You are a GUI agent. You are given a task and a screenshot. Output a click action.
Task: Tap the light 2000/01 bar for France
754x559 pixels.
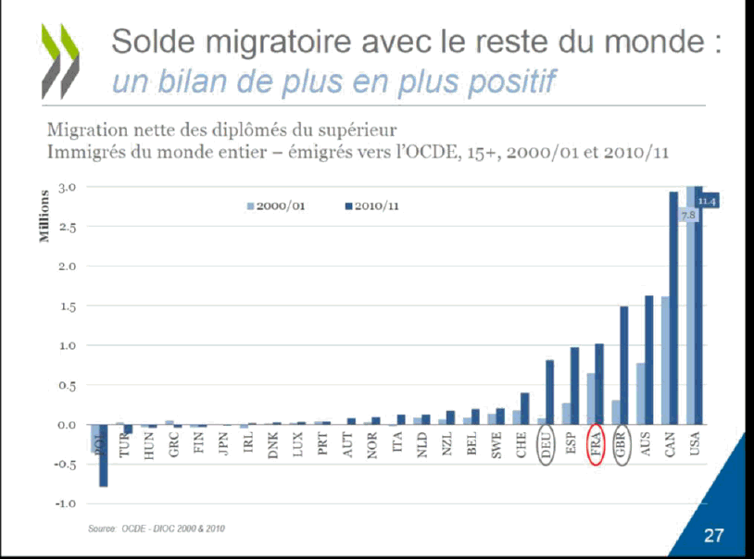point(590,399)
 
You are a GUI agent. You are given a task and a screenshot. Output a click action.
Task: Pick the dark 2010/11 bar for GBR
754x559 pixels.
point(624,366)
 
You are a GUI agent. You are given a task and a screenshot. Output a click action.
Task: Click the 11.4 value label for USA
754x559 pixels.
point(708,201)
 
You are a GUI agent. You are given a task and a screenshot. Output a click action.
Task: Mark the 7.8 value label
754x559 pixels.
point(687,215)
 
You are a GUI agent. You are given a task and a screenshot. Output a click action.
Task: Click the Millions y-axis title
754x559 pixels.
point(44,218)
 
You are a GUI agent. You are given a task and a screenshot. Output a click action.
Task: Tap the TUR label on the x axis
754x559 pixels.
point(124,445)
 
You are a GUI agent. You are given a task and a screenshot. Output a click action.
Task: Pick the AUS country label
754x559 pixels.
point(647,445)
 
